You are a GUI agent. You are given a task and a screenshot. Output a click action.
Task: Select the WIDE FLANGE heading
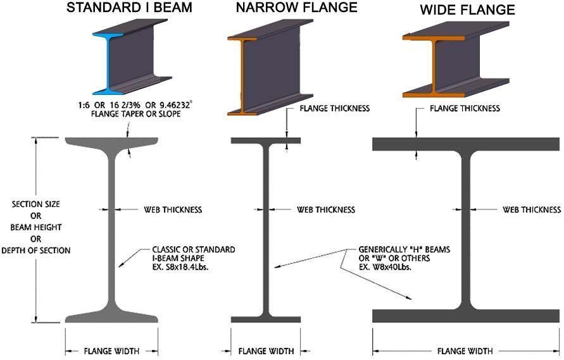click(x=467, y=10)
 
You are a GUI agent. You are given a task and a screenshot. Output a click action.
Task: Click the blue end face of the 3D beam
click(x=105, y=63)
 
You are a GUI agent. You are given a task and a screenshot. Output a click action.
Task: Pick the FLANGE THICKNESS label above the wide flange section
click(x=465, y=108)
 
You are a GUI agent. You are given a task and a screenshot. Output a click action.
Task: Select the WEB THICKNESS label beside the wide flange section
click(x=532, y=209)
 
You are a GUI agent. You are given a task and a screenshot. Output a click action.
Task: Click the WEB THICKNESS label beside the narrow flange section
click(x=326, y=209)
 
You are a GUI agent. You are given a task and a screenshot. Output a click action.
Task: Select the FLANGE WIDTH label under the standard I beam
click(x=111, y=351)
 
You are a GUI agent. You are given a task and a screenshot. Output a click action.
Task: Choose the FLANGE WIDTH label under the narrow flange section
click(x=265, y=351)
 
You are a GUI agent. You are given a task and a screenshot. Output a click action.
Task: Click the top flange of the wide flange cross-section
click(x=466, y=144)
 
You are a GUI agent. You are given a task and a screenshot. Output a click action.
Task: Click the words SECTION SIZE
click(x=36, y=204)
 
